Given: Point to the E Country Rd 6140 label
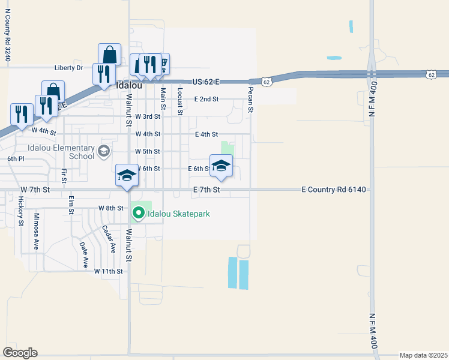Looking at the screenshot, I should coord(333,190).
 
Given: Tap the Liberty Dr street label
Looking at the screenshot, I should coord(68,68).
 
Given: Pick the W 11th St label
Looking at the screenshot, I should coord(108,271).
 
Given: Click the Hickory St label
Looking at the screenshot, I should coord(20,211).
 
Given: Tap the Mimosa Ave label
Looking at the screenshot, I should coord(36,231).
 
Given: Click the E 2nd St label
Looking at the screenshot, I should coord(206,99).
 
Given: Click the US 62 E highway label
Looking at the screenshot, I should coord(206,81).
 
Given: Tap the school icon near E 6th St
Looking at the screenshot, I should coord(221,166).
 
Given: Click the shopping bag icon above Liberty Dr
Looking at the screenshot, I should coord(110,55).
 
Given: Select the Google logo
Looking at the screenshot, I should coord(20,352).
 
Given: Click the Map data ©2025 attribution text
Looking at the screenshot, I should coord(423,355).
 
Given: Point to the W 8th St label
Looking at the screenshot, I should coord(110,208).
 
